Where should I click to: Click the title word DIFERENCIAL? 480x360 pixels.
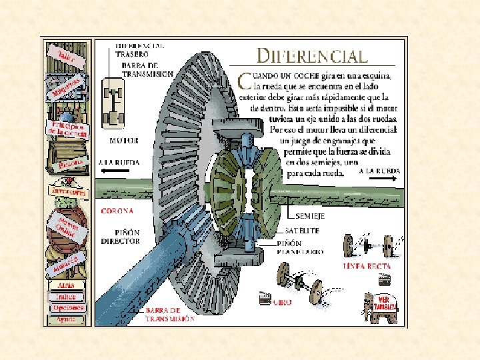click(312, 57)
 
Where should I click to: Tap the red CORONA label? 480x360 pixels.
click(117, 211)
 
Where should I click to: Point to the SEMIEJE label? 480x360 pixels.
click(309, 217)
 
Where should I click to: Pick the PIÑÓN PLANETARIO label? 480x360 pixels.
click(301, 248)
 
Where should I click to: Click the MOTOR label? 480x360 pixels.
click(123, 141)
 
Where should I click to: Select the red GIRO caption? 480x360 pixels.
click(281, 301)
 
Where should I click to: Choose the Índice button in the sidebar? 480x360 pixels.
click(66, 297)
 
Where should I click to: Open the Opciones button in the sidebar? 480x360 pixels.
click(67, 308)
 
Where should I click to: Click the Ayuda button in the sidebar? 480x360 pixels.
click(66, 319)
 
